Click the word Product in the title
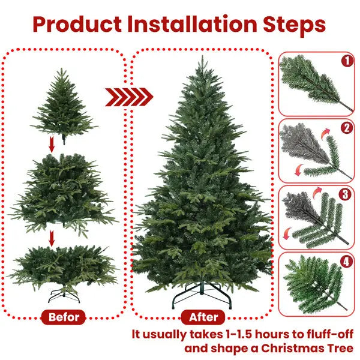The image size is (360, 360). tap(75, 25)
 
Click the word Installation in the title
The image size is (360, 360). tap(191, 25)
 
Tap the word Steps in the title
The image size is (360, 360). tap(295, 25)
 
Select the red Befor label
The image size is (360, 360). tap(64, 317)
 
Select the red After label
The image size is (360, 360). tap(203, 317)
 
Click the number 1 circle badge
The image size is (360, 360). tap(346, 61)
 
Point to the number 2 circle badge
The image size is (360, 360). tap(346, 127)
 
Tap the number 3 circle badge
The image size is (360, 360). tap(346, 194)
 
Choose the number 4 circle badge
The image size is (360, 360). tap(346, 262)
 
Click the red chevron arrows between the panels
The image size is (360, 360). tap(129, 96)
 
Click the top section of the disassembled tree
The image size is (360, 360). tap(62, 105)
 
